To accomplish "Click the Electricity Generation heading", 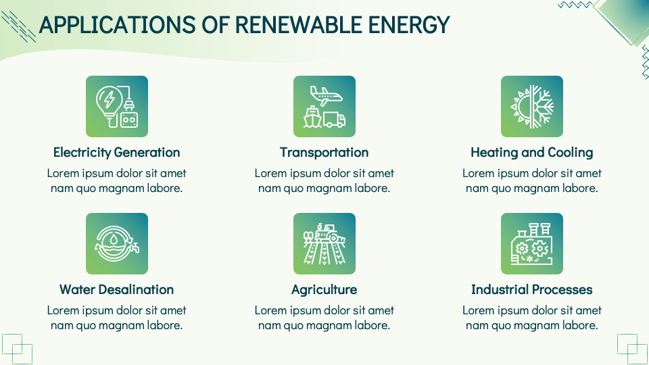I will click(116, 152).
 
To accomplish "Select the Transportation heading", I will click(324, 152).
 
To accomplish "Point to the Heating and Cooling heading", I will click(531, 152).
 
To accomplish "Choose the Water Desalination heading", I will click(116, 289).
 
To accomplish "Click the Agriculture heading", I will click(324, 289).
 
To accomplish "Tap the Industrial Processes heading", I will click(531, 289).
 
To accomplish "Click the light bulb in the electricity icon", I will click(107, 102).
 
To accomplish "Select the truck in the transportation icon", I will click(335, 120).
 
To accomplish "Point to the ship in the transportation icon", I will click(313, 118).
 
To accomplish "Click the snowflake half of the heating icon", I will click(543, 107).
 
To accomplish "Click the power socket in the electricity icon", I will click(128, 118).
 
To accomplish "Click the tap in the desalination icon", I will click(135, 247).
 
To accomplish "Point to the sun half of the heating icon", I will click(521, 107).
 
